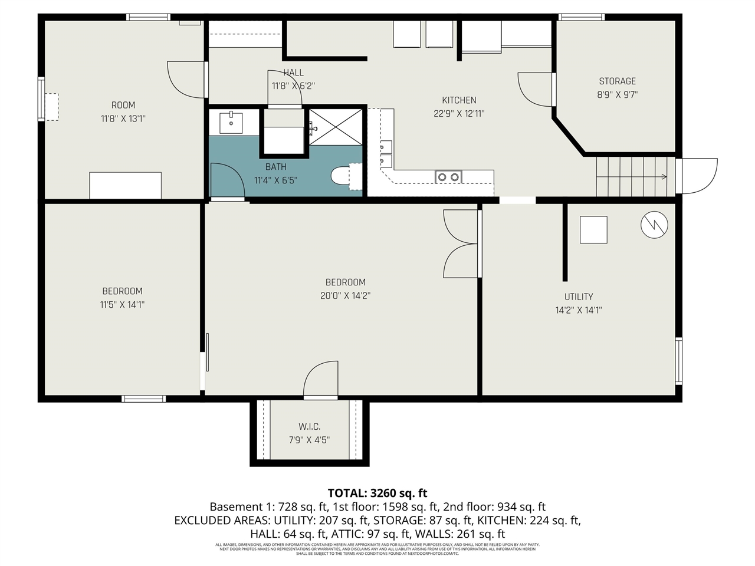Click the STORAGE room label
pyautogui.click(x=617, y=81)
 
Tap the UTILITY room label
pyautogui.click(x=578, y=297)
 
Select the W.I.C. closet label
pyautogui.click(x=309, y=426)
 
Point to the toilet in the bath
pyautogui.click(x=342, y=176)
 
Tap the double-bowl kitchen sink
pyautogui.click(x=448, y=176)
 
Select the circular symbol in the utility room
pyautogui.click(x=654, y=225)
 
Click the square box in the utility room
pyautogui.click(x=593, y=230)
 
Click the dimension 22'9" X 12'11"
pyautogui.click(x=459, y=114)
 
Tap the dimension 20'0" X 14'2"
pyautogui.click(x=345, y=296)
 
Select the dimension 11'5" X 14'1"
pyautogui.click(x=122, y=305)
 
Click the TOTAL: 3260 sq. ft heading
pyautogui.click(x=377, y=493)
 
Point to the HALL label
pyautogui.click(x=293, y=73)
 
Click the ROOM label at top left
pyautogui.click(x=123, y=105)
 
